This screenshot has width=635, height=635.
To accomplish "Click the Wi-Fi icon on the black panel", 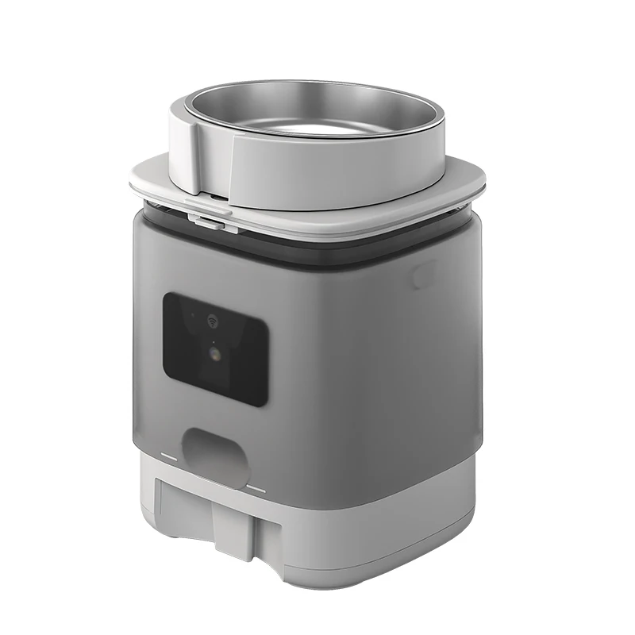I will (x=213, y=321).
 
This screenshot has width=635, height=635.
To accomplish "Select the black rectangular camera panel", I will (x=214, y=349).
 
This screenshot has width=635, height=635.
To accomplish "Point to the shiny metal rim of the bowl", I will (x=317, y=79).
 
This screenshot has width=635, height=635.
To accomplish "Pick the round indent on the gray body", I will (x=423, y=276).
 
